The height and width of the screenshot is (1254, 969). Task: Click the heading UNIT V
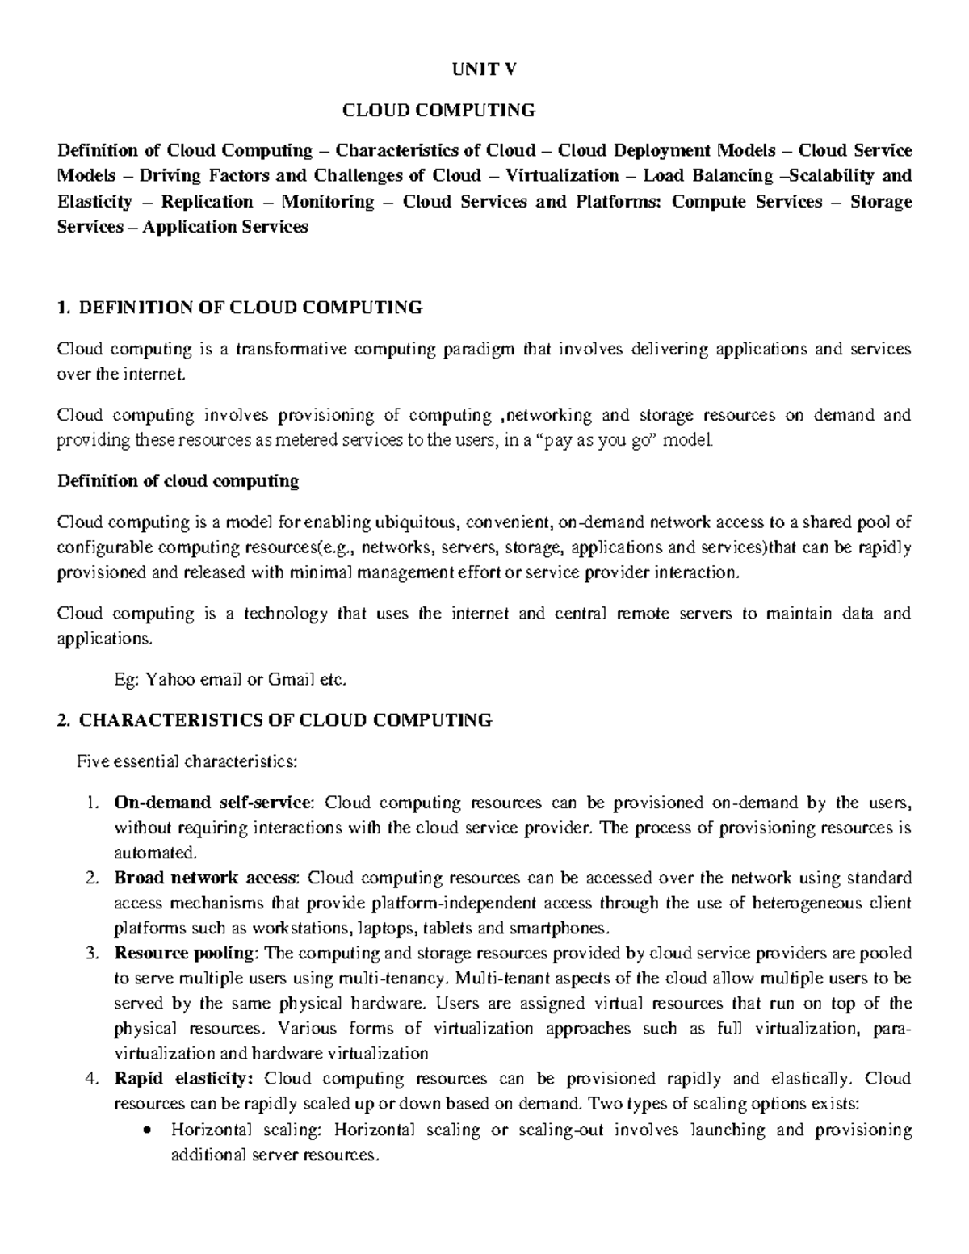pyautogui.click(x=484, y=69)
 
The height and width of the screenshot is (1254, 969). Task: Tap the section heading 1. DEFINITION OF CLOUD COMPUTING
pyautogui.click(x=240, y=307)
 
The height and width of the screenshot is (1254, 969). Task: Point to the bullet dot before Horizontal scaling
pyautogui.click(x=146, y=1130)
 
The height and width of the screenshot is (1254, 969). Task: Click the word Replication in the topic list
pyautogui.click(x=207, y=202)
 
